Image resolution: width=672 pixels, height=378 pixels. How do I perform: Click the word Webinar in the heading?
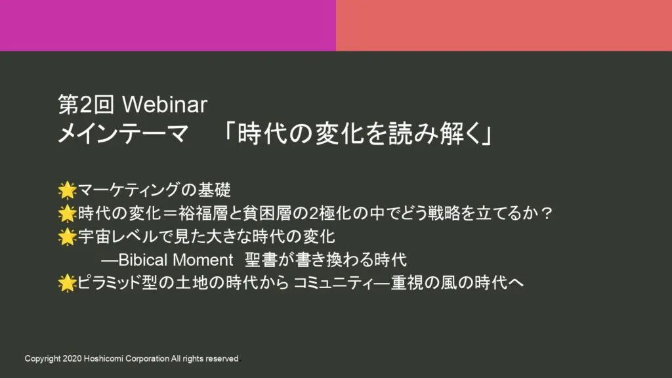(165, 104)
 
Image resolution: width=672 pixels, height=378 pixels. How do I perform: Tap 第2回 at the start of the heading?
(86, 104)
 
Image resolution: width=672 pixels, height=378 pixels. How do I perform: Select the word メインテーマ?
(123, 134)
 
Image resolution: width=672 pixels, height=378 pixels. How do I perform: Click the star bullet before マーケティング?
(68, 190)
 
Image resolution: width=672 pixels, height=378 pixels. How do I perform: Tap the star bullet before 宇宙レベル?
(68, 236)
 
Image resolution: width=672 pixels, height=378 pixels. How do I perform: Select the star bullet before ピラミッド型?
(68, 283)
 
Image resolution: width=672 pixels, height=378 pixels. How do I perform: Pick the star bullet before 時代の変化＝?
(68, 213)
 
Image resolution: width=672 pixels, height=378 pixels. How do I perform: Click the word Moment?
(203, 260)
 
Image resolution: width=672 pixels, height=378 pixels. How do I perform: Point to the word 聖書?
(261, 260)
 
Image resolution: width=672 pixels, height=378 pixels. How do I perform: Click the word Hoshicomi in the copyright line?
(103, 359)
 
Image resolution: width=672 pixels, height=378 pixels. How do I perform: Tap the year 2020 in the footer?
(72, 359)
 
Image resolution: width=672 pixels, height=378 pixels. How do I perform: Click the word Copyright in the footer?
(43, 359)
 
